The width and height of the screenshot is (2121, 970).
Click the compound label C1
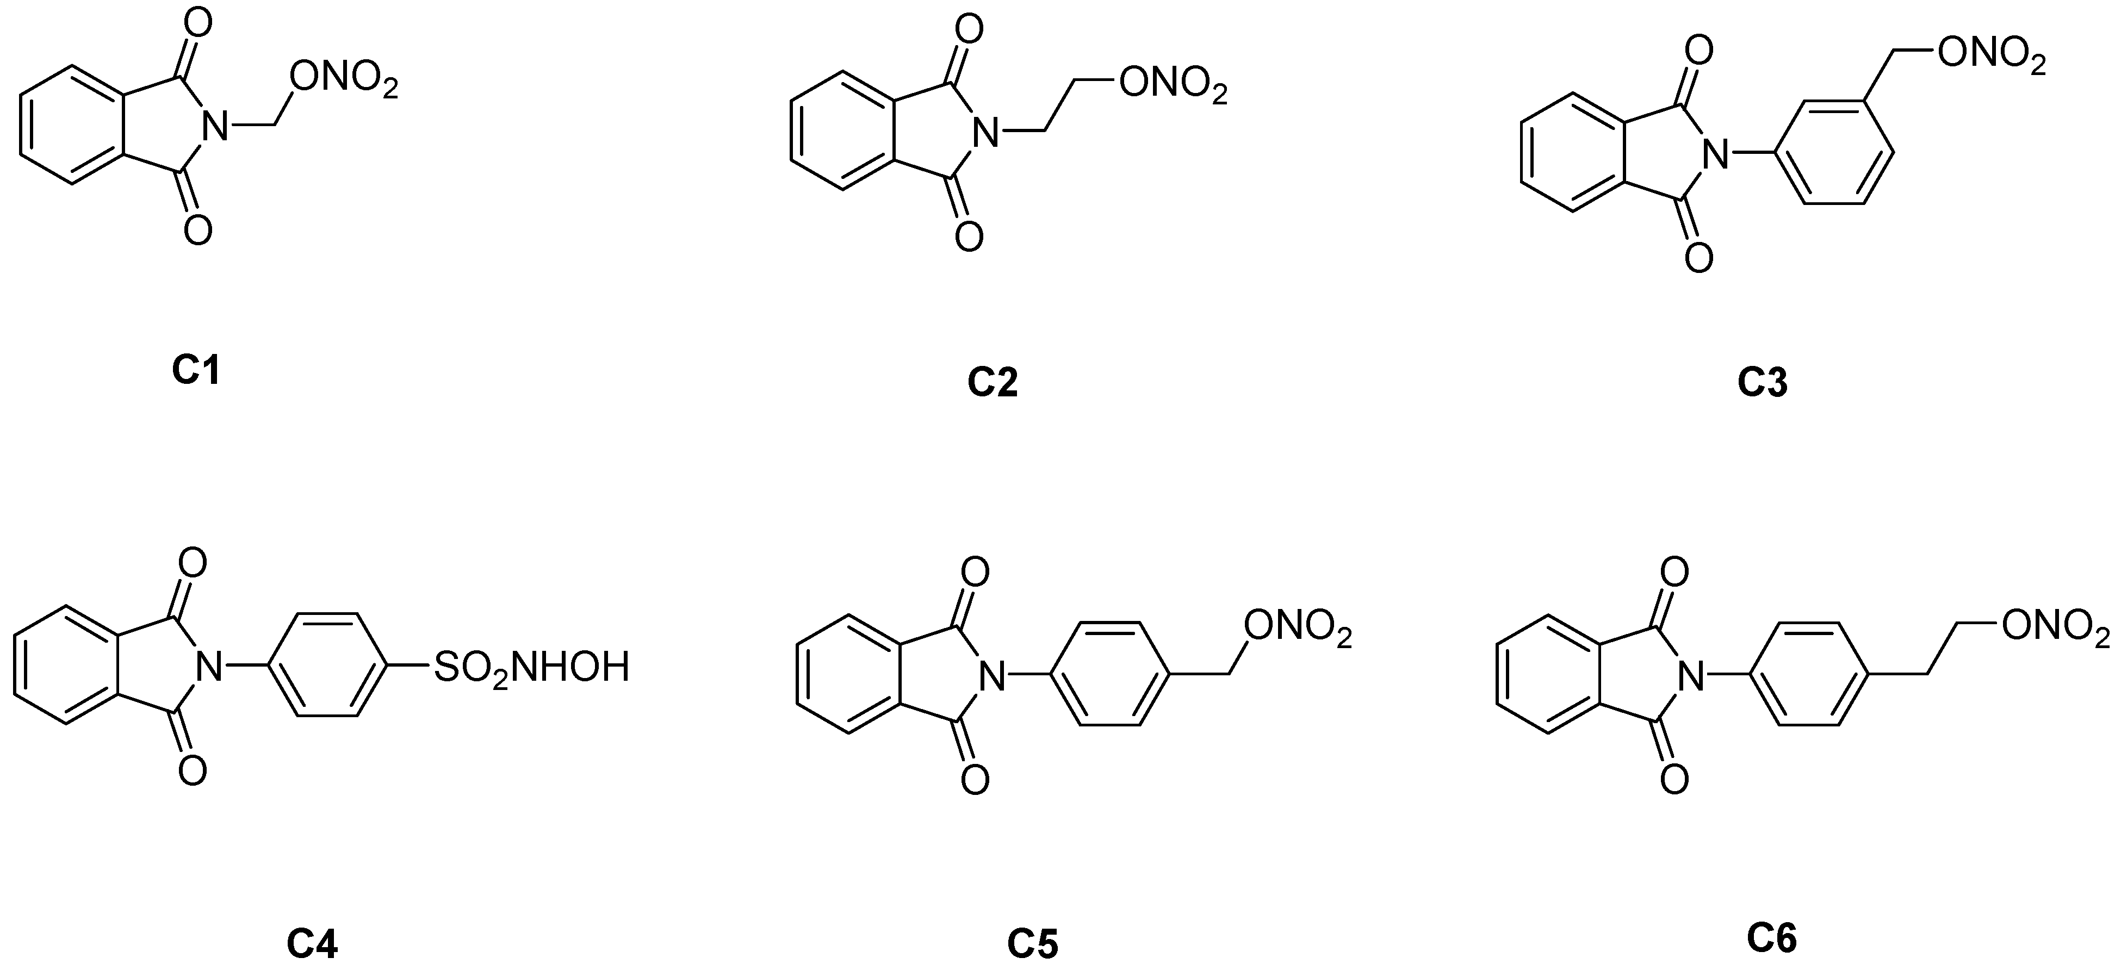pyautogui.click(x=196, y=370)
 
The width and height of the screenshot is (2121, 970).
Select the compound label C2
pyautogui.click(x=992, y=382)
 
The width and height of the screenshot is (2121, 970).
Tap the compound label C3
pyautogui.click(x=1763, y=382)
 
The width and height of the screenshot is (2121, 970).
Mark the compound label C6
pyautogui.click(x=1772, y=938)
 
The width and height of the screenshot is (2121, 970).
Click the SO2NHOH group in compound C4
pyautogui.click(x=531, y=667)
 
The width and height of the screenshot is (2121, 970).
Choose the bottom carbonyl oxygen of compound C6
pyautogui.click(x=1675, y=778)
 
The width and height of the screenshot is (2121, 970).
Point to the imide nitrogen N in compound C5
pyautogui.click(x=994, y=677)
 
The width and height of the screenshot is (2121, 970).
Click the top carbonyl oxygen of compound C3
pyautogui.click(x=1698, y=50)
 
